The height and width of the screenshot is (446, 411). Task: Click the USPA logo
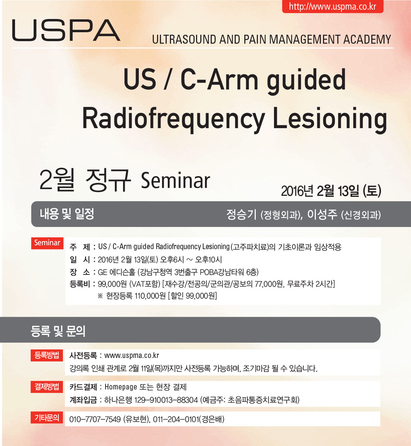point(66,30)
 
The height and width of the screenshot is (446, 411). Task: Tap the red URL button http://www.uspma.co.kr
point(332,6)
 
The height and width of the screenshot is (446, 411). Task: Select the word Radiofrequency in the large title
point(173,119)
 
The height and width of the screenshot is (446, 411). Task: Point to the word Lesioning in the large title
point(330,120)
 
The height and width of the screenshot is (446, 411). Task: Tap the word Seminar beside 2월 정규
point(175,180)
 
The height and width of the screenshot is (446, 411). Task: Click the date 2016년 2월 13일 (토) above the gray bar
point(331,191)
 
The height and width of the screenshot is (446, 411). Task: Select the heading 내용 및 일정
point(67,214)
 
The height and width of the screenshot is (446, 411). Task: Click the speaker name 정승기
point(241,214)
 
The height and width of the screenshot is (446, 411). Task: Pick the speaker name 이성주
point(322,214)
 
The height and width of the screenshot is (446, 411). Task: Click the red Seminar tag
point(47,243)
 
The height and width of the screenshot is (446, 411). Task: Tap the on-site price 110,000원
point(150,296)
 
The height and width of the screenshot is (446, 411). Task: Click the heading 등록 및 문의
point(58,331)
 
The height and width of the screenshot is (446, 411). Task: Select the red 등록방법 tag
point(47,355)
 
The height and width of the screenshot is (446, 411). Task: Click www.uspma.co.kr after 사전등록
point(132,355)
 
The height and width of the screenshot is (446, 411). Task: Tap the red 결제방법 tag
point(47,387)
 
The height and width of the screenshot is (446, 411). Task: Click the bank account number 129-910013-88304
point(166,400)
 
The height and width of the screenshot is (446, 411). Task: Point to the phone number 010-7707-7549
point(95,419)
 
